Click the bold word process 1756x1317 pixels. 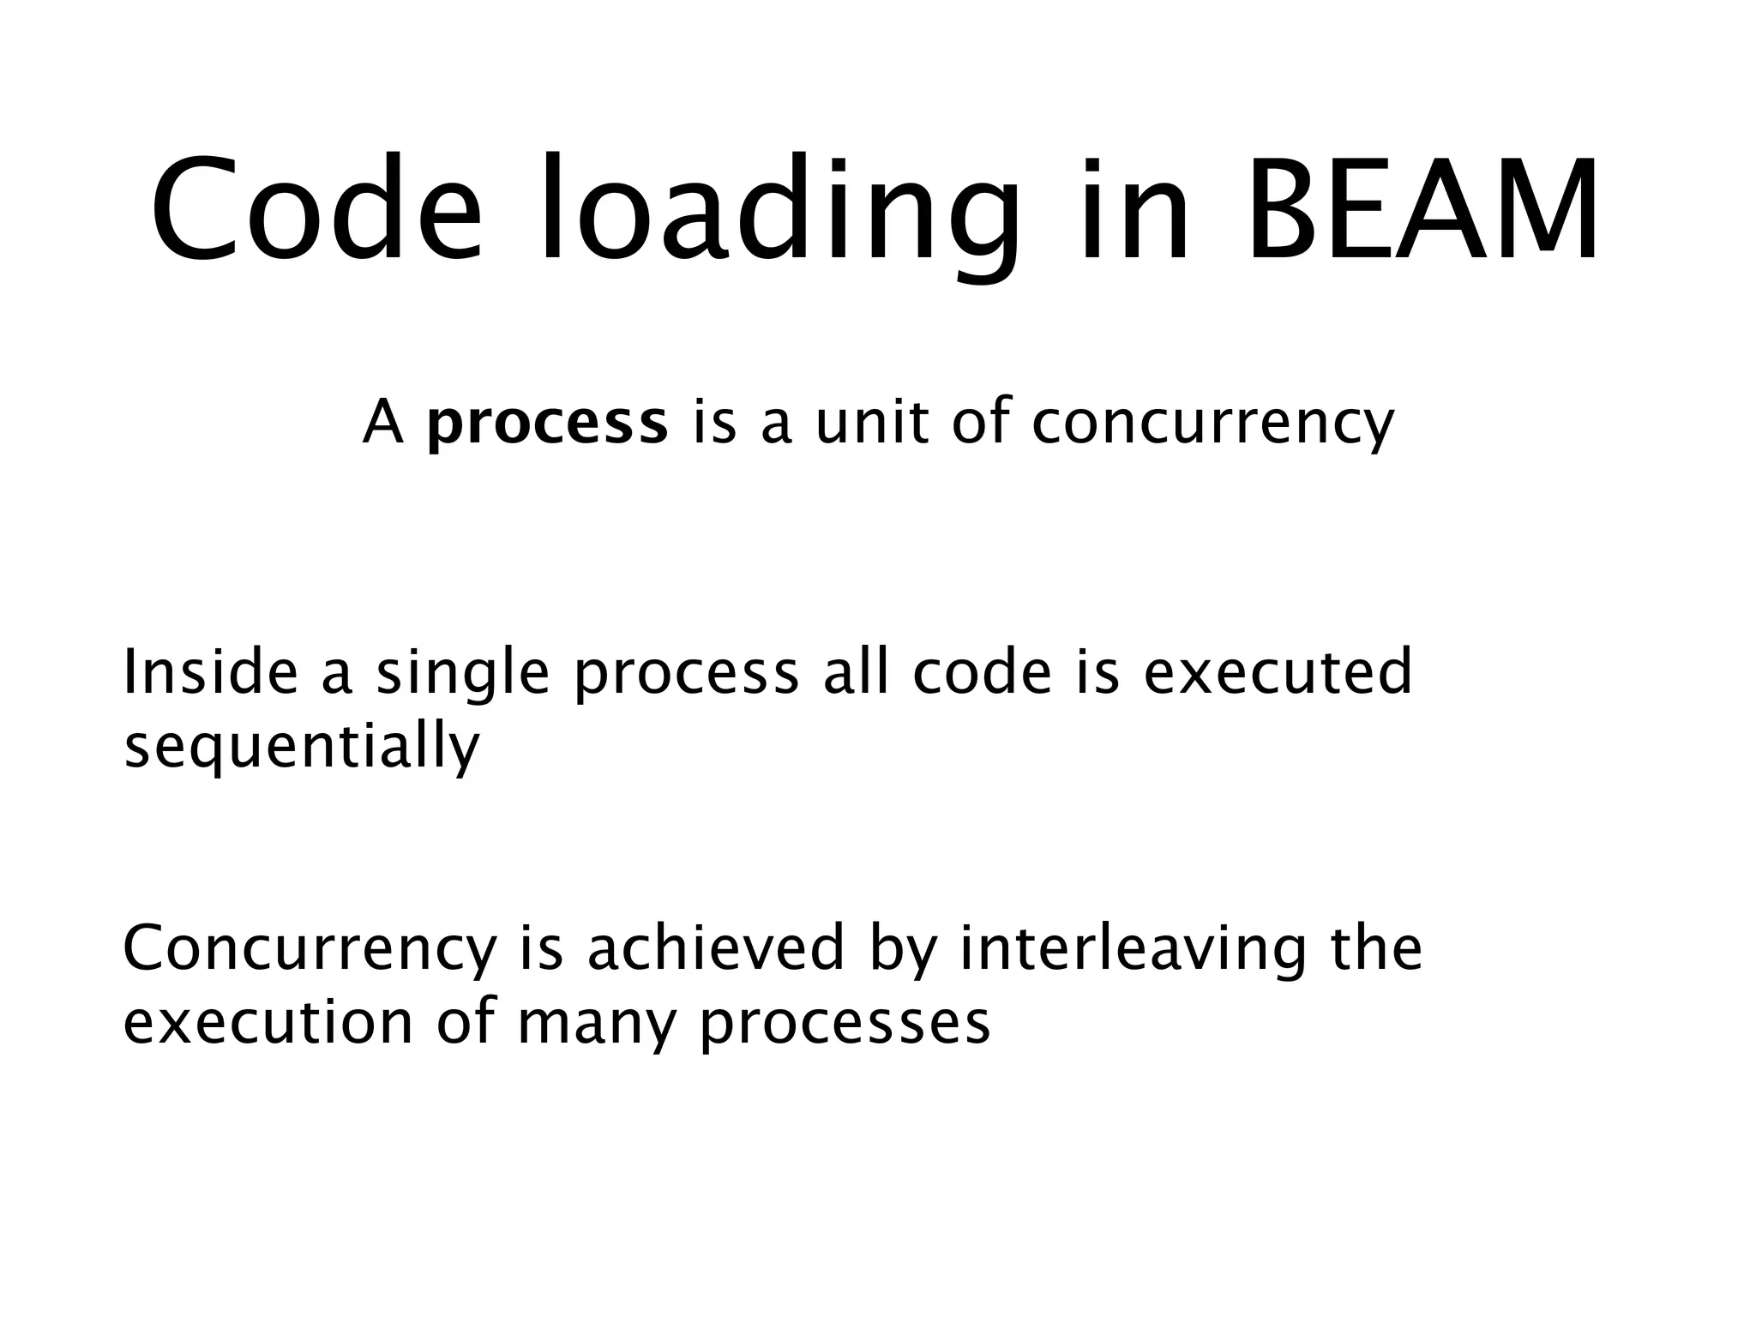point(547,424)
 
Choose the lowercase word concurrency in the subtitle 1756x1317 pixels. point(1212,424)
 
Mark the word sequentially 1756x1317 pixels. point(302,746)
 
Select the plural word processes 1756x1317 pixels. point(845,1024)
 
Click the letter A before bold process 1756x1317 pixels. point(382,424)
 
